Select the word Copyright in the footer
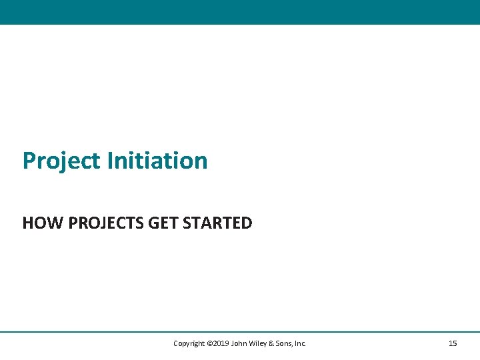pos(189,344)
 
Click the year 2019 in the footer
pos(221,344)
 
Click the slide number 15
pos(453,344)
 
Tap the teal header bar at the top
pos(240,12)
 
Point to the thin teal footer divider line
pos(240,331)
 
